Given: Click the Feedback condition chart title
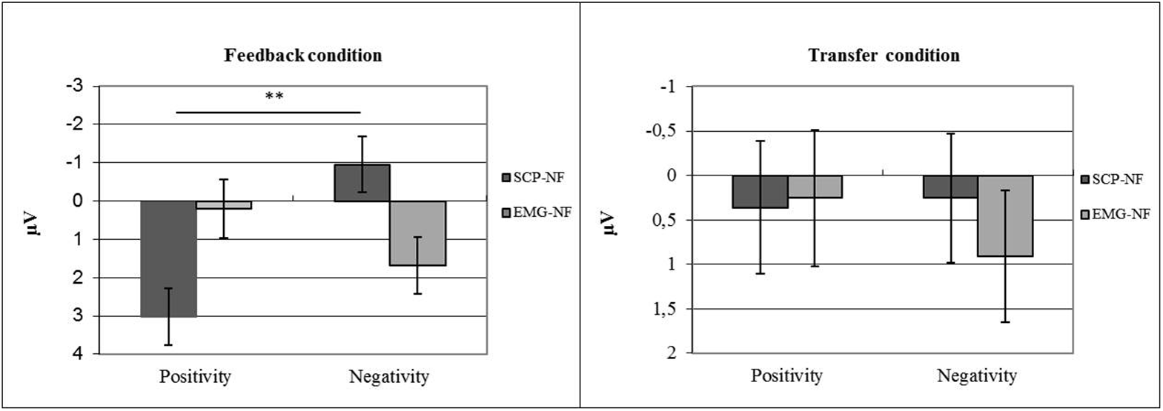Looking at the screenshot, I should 303,56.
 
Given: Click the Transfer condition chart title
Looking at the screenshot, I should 884,56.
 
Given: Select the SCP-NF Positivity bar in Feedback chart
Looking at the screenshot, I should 168,258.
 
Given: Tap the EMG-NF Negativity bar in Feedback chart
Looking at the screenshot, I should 417,233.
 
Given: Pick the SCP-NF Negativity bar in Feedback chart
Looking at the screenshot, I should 362,183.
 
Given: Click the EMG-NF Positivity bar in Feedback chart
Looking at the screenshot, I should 224,205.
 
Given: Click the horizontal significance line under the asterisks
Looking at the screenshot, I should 268,113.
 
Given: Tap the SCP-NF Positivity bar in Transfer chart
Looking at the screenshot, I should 760,192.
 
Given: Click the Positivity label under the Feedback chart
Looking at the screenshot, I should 195,376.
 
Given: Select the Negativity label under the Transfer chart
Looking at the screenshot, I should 977,376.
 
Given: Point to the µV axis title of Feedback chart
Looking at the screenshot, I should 32,221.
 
